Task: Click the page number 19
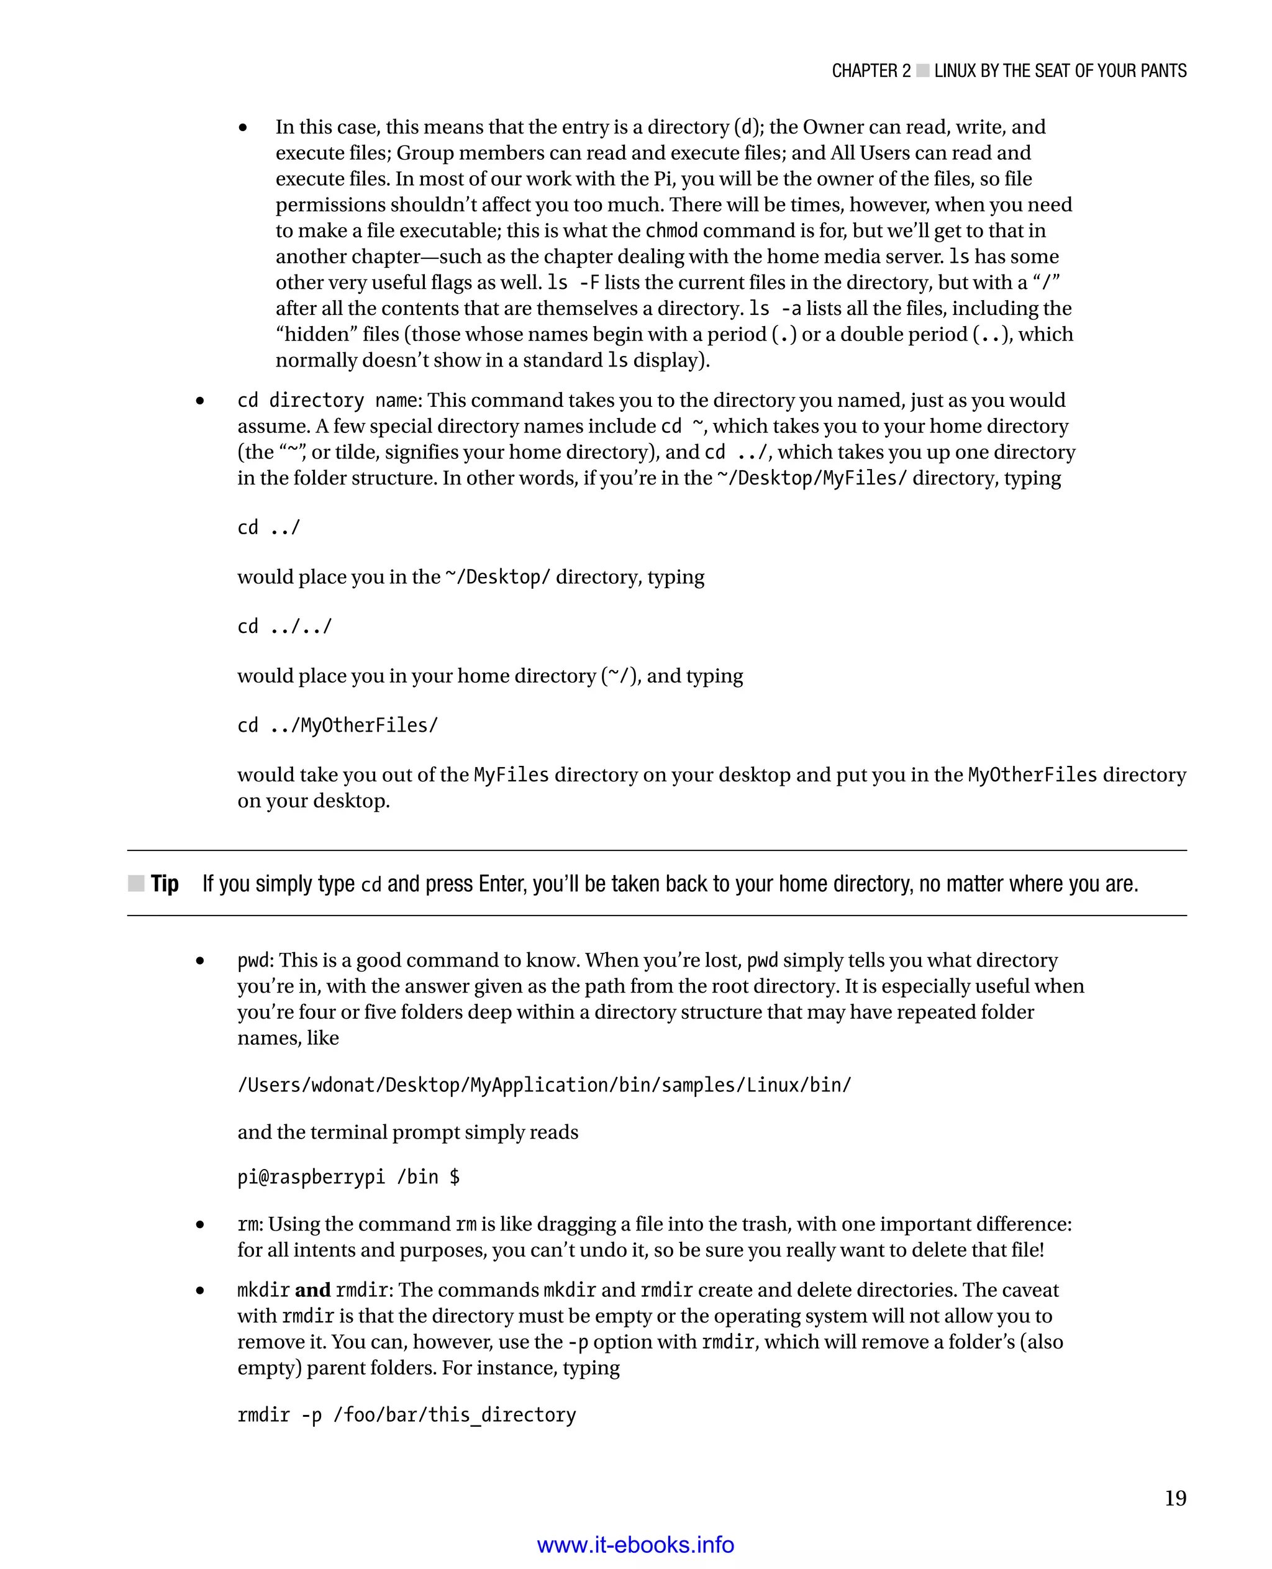[x=1174, y=1498]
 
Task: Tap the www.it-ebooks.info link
[x=635, y=1545]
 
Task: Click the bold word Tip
[x=165, y=884]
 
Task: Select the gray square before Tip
[x=136, y=883]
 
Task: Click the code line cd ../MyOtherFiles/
[x=337, y=725]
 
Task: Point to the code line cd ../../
[x=284, y=627]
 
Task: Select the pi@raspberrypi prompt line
[x=348, y=1177]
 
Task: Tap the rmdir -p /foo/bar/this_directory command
[x=407, y=1414]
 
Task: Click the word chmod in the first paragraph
[x=671, y=231]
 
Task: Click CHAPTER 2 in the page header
[x=871, y=71]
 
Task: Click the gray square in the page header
[x=922, y=71]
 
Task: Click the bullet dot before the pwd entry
[x=200, y=961]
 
